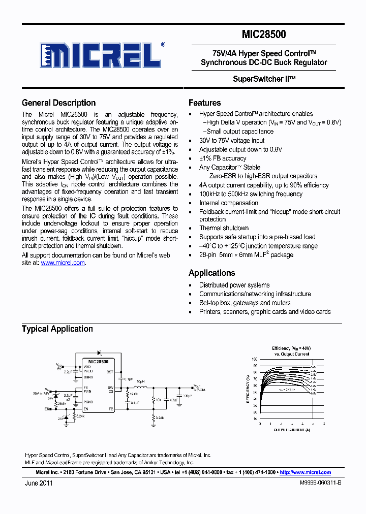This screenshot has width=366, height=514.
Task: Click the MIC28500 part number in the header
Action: tap(264, 35)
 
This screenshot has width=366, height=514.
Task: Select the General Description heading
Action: tap(58, 103)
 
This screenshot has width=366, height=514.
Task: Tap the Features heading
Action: tap(204, 103)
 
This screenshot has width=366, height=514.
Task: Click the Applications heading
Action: tap(211, 273)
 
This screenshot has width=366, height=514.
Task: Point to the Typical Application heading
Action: tap(57, 329)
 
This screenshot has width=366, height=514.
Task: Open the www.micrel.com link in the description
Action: tap(63, 263)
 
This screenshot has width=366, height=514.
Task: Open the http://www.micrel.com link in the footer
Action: tap(305, 472)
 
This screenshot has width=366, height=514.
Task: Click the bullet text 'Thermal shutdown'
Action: tap(224, 228)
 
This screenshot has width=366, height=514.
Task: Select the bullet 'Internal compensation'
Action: tap(229, 203)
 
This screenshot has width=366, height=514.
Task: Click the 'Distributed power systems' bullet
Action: tap(234, 285)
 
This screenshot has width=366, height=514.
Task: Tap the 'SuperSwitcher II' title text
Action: tap(264, 79)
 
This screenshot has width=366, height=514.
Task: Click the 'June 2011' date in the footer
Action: tap(39, 483)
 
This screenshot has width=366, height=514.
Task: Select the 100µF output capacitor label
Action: tap(187, 395)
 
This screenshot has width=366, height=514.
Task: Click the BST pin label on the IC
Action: tap(109, 372)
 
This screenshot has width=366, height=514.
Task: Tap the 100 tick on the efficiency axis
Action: tap(255, 359)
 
